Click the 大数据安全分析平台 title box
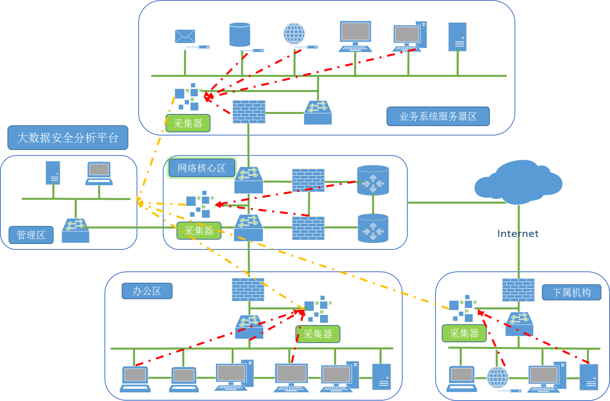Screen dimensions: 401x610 [68, 138]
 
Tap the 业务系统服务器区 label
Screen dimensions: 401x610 [438, 116]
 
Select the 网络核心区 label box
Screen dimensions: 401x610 [202, 168]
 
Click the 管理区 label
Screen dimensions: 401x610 [31, 235]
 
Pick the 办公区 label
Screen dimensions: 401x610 [147, 291]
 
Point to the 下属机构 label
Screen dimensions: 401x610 [571, 293]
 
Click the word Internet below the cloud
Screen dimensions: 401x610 [518, 234]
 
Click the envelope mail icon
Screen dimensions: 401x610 [185, 36]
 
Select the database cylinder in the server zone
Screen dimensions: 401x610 [239, 35]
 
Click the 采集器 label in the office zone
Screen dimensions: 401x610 [318, 334]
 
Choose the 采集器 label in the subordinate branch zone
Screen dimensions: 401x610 [464, 333]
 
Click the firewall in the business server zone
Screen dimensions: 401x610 [249, 112]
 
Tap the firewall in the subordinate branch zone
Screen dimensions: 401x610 [518, 290]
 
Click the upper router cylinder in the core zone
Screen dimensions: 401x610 [373, 181]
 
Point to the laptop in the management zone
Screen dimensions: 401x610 [99, 173]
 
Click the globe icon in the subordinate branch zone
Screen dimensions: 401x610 [497, 378]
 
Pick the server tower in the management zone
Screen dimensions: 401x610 [53, 173]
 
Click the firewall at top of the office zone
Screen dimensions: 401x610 [248, 289]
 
